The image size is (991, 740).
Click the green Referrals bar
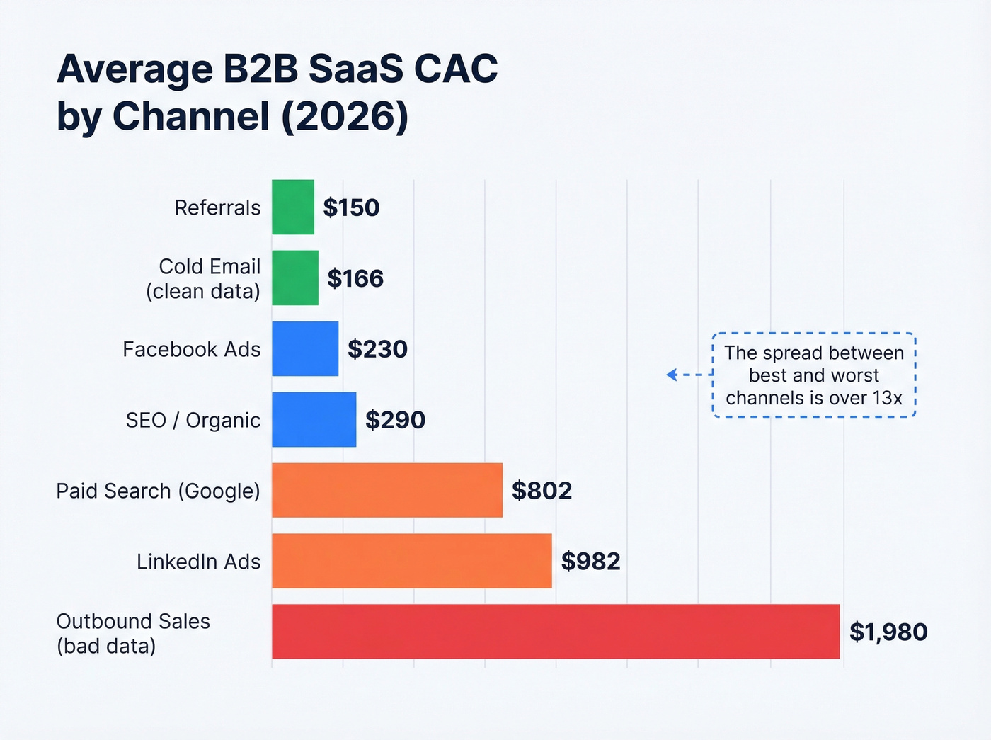click(x=293, y=207)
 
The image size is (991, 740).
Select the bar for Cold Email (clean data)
click(x=295, y=278)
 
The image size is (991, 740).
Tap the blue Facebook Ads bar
click(x=305, y=348)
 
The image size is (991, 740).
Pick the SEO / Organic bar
click(x=314, y=419)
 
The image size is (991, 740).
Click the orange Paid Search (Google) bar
click(x=387, y=490)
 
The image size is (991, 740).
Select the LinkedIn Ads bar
click(x=411, y=561)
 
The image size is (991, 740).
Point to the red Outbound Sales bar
click(x=556, y=632)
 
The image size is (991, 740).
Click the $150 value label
click(x=351, y=207)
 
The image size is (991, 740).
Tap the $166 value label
click(x=355, y=278)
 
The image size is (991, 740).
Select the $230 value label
click(x=377, y=349)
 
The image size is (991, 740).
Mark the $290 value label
click(x=395, y=420)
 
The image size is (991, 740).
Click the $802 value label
click(x=542, y=491)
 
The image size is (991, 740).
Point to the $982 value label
click(x=590, y=562)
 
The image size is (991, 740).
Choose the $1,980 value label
click(x=888, y=632)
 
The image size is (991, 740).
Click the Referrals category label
click(x=217, y=207)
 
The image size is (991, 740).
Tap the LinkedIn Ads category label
click(x=198, y=562)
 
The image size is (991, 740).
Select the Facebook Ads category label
click(x=191, y=349)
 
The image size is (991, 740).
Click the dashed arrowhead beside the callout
click(x=672, y=375)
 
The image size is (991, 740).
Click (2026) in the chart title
click(x=345, y=116)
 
